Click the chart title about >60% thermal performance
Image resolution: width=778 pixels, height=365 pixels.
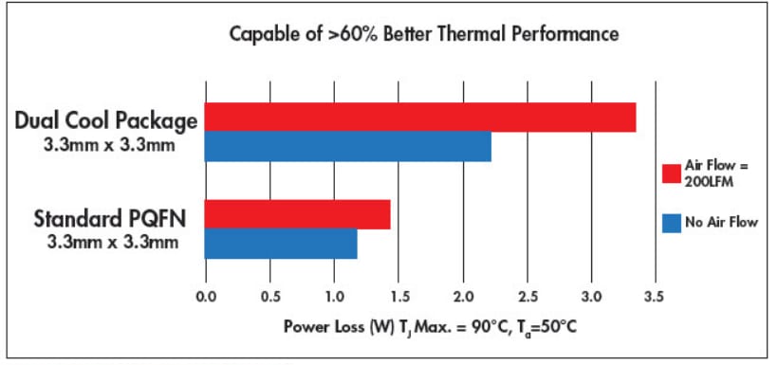(x=424, y=35)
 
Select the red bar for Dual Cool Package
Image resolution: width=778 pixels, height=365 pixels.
(x=420, y=117)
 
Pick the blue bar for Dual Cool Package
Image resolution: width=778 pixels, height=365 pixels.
(x=348, y=146)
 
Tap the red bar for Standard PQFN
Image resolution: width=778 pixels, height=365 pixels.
(x=298, y=215)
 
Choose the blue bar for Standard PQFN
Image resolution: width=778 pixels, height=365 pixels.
(x=282, y=244)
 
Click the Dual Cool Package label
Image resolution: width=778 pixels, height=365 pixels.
(x=105, y=121)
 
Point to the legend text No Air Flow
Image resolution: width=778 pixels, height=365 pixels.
(x=723, y=223)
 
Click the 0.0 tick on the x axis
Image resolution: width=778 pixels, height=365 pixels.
(x=206, y=296)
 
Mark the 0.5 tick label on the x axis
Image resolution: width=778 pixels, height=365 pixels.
(x=270, y=296)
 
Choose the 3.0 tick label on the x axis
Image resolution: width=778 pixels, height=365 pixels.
(x=592, y=296)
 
